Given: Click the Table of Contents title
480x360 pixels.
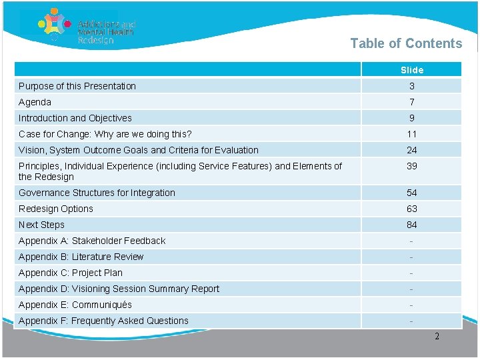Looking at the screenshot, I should coord(406,44).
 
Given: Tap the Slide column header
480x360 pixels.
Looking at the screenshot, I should coord(412,70).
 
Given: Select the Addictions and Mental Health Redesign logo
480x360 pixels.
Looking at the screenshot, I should coord(87,27).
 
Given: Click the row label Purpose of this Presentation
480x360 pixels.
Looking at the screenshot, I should coord(77,86).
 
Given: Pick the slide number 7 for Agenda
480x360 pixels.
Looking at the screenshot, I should coord(412,102).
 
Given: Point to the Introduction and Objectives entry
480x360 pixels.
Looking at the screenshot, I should coord(75,118).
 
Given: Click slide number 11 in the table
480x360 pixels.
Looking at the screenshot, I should coord(412,134).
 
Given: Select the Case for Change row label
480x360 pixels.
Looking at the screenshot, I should coord(105,134).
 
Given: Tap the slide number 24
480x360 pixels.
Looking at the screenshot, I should coord(412,150).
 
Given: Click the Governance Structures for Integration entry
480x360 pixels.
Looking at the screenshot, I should coord(97,193).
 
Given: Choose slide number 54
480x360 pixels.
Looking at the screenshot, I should coord(412,193).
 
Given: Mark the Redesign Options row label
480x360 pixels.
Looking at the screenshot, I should coord(56,209).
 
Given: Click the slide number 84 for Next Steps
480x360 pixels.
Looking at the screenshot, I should coord(412,225).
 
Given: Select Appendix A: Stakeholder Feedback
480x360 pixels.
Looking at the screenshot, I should coord(92,241).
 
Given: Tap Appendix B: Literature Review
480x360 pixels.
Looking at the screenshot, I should coord(81,257).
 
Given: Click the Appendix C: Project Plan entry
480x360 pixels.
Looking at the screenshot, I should coord(71,273).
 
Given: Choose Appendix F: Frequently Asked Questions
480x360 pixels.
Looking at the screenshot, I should coord(103,321).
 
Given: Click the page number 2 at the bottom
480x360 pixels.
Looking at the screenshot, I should coord(437,337).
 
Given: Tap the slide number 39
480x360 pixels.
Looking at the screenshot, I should coord(412,166).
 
